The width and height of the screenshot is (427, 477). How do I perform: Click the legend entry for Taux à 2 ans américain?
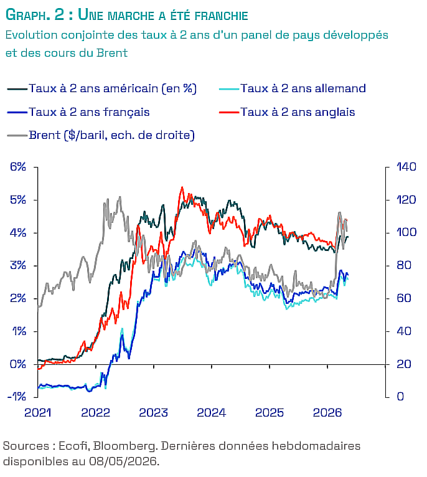click(x=102, y=88)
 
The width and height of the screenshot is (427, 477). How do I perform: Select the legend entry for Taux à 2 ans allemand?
click(x=293, y=88)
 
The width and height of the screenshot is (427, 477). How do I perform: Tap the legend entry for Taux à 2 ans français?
click(x=78, y=112)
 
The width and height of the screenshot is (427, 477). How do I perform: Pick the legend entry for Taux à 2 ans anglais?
click(x=287, y=112)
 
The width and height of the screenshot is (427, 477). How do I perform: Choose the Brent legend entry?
click(x=101, y=135)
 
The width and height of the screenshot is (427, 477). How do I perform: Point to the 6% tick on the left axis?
click(x=18, y=167)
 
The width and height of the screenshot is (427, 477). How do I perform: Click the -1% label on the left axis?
click(x=17, y=397)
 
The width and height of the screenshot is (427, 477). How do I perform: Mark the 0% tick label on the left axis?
click(x=18, y=364)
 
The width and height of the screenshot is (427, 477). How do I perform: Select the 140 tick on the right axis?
click(x=406, y=167)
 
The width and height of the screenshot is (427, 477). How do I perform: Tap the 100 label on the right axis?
click(x=406, y=232)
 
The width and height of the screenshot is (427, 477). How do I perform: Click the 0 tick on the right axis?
click(x=400, y=397)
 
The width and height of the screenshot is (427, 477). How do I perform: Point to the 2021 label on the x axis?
click(x=38, y=413)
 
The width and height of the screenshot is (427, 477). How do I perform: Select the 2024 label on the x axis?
click(x=212, y=413)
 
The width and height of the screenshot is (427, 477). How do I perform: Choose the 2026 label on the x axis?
click(x=327, y=413)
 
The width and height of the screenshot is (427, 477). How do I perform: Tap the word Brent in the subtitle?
click(x=113, y=53)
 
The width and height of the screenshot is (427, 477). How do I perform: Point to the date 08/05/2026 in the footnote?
click(x=123, y=461)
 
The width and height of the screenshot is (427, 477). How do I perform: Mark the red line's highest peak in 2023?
click(x=182, y=187)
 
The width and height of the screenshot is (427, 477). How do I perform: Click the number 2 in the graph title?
click(x=60, y=14)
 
